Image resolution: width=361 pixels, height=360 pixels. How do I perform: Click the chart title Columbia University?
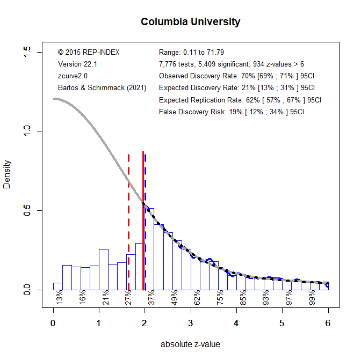click(190, 22)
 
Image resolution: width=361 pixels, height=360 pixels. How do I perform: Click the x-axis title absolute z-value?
click(190, 344)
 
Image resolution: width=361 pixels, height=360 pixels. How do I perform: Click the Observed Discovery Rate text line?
click(236, 76)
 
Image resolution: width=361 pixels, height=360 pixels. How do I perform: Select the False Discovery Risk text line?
click(231, 112)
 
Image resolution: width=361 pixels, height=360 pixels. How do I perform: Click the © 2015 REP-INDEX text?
click(89, 52)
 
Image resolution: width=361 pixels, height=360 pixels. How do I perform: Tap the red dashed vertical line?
click(129, 215)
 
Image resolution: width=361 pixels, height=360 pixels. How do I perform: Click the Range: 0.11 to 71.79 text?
click(191, 52)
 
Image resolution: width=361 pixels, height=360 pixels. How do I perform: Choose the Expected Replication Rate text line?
click(240, 100)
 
